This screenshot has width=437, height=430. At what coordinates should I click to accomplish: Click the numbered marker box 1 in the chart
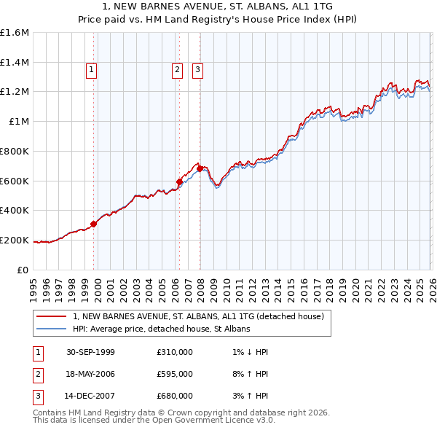pos(92,70)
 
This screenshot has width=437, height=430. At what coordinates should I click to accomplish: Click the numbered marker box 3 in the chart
pos(197,70)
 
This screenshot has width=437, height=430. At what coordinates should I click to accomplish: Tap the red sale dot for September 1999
pos(94,224)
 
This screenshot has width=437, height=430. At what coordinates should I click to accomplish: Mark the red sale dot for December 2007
pos(200,169)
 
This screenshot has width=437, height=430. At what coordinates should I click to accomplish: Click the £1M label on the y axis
pos(19,122)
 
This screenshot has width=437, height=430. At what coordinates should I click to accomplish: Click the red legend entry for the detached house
pos(202,316)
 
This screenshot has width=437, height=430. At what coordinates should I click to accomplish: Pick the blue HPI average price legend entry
pos(161,329)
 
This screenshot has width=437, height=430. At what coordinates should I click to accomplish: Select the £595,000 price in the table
pos(175,374)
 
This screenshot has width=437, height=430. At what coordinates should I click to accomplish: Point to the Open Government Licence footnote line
pos(154,421)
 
